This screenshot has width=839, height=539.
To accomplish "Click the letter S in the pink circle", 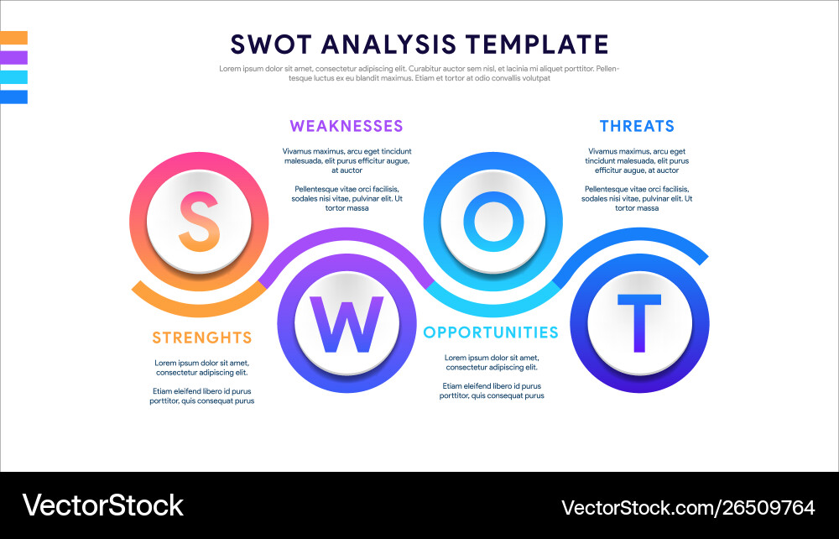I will (x=200, y=222).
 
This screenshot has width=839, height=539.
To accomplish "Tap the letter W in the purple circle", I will (x=347, y=326).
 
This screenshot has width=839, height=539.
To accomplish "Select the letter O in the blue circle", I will (x=492, y=222).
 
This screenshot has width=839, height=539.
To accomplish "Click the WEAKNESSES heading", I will (x=347, y=126).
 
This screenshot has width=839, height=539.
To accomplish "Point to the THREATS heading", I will (x=637, y=126).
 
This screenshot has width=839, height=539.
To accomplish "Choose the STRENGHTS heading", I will (x=201, y=338).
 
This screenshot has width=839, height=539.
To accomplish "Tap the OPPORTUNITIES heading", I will (x=491, y=332).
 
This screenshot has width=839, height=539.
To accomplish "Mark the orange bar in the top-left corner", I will (x=14, y=38).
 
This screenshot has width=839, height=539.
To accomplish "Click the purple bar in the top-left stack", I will (x=14, y=57).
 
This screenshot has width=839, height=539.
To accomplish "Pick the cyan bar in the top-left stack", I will (x=14, y=77).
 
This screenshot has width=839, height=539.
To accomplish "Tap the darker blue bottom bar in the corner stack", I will (x=14, y=97).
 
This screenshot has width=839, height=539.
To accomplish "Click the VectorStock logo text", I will (x=102, y=505).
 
